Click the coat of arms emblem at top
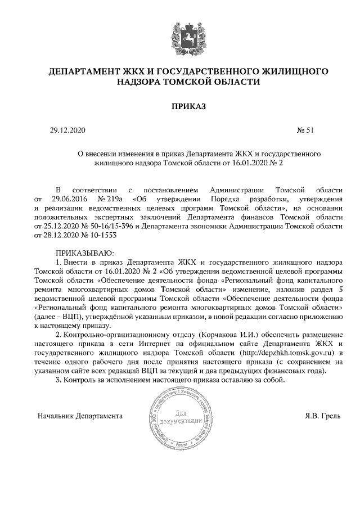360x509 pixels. pyautogui.click(x=180, y=34)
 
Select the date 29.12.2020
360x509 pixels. pyautogui.click(x=67, y=130)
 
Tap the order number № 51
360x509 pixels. pyautogui.click(x=305, y=130)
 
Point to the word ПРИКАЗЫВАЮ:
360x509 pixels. pyautogui.click(x=84, y=253)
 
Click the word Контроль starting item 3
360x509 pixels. pyautogui.click(x=82, y=380)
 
